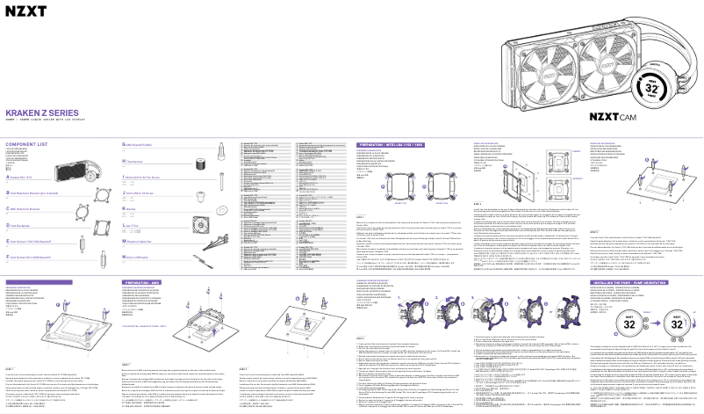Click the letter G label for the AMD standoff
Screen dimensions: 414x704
[119, 142]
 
